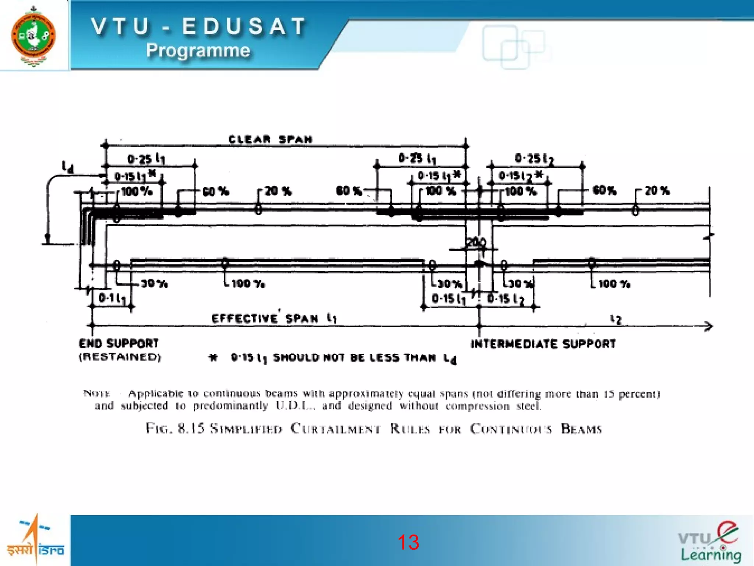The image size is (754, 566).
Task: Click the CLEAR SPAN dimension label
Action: click(270, 140)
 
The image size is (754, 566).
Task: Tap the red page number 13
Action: click(408, 542)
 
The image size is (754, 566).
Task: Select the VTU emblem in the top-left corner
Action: click(34, 36)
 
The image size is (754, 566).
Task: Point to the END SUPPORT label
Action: click(119, 344)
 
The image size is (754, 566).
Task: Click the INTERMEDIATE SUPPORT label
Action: click(543, 344)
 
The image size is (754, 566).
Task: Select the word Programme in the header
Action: click(198, 50)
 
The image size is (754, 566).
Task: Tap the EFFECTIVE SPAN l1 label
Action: click(274, 318)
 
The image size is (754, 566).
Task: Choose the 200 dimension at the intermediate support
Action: click(476, 243)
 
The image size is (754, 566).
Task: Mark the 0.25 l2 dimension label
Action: click(534, 159)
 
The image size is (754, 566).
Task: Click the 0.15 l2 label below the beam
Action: click(505, 299)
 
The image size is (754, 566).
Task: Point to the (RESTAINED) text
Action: click(120, 357)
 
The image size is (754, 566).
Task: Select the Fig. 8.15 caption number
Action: click(191, 429)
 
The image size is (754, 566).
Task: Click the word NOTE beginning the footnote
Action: click(96, 394)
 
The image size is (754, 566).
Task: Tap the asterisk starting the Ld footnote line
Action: click(213, 357)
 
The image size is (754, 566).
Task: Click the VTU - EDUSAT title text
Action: click(199, 27)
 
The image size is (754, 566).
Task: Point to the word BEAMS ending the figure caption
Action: click(581, 429)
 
